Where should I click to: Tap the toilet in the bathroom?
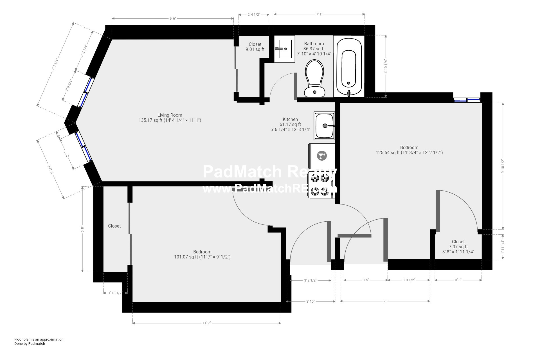pos(314,79)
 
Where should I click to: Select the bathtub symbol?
pos(349,67)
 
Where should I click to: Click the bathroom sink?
pos(284,49)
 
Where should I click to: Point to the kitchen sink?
pos(325,126)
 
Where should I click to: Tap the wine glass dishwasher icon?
pos(322,156)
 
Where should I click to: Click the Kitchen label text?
pos(290,120)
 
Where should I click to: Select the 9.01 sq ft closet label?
pos(255,47)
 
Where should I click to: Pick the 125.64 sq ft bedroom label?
pos(409,150)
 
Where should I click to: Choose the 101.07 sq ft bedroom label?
pos(202,254)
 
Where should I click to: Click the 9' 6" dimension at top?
pos(173,19)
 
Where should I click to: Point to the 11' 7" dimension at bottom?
pos(206,323)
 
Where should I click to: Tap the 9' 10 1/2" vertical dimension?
pos(503,166)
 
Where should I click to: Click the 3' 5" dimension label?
pos(366,280)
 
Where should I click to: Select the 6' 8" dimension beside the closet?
pos(82,229)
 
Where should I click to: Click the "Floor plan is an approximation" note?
pos(39,339)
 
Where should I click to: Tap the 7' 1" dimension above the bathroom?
pos(319,14)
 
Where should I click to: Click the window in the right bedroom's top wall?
pos(467,100)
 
